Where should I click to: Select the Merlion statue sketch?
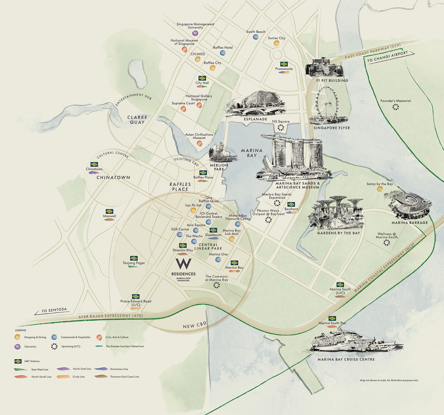pos(218,152)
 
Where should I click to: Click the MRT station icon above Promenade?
pos(284,64)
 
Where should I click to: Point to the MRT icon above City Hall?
pos(202,78)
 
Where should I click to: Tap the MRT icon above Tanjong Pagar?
pos(134,258)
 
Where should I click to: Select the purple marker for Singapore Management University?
pos(195,33)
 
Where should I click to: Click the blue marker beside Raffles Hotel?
pos(223,53)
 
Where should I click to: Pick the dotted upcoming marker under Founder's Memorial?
pos(395,107)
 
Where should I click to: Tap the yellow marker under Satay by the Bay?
pos(379,189)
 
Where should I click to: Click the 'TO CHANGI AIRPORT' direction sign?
pos(387,57)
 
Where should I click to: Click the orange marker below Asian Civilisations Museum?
pos(199,143)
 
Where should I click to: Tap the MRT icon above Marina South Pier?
pos(332,319)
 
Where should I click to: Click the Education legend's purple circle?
pos(17,346)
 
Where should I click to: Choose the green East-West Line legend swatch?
pos(18,369)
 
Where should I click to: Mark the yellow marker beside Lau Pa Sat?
pos(193,210)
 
